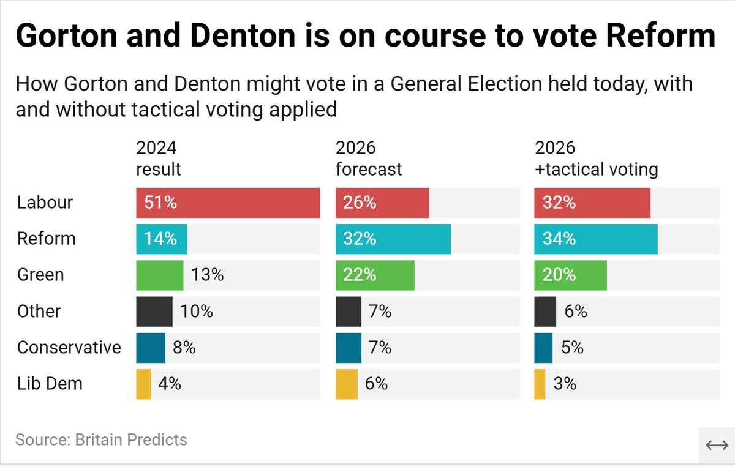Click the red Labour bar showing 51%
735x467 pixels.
click(228, 203)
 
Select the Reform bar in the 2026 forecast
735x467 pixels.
click(393, 239)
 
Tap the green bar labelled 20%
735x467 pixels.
click(570, 275)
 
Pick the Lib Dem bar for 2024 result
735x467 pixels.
click(143, 384)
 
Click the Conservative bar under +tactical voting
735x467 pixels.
click(543, 348)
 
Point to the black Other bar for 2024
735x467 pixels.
click(154, 311)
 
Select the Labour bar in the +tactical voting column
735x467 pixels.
click(592, 203)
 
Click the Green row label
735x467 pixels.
click(40, 275)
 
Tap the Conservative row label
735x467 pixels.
click(69, 348)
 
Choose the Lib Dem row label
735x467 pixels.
click(50, 384)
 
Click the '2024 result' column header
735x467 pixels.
click(158, 158)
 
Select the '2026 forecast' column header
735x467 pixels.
click(369, 158)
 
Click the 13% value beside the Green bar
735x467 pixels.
click(207, 275)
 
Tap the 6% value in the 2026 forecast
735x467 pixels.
click(376, 384)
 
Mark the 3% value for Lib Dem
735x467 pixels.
click(564, 384)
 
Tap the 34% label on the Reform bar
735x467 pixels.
click(560, 239)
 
